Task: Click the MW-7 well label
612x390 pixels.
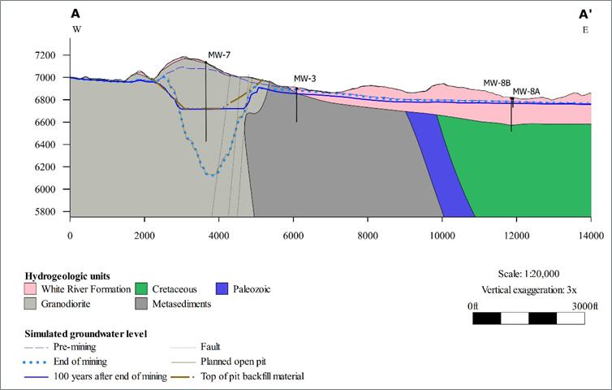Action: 219,55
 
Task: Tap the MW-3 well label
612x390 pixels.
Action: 305,79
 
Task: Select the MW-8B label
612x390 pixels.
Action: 497,83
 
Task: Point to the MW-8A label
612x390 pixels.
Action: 526,92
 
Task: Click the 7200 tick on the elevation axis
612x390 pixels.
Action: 45,55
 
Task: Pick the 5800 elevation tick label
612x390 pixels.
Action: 45,211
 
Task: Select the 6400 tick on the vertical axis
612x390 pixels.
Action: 45,145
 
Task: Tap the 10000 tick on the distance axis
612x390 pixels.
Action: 442,236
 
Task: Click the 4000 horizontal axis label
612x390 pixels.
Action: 219,236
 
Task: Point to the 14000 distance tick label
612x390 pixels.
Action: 591,236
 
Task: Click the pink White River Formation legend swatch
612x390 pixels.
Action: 30,289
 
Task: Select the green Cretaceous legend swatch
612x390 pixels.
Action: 141,289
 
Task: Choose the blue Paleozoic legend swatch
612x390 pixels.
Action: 222,289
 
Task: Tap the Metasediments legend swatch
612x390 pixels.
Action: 141,304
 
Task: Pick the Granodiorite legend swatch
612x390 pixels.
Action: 30,304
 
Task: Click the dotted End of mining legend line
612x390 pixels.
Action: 36,362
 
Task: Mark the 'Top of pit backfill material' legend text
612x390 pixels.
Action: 252,376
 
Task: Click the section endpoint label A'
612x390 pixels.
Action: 585,15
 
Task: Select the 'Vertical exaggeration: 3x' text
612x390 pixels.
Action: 529,290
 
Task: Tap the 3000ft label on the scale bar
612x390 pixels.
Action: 584,306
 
